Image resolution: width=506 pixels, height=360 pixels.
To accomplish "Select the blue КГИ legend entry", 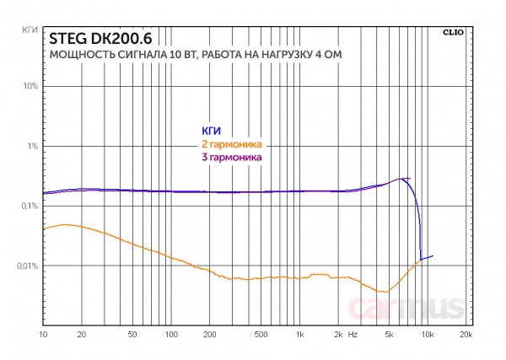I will point(211,131).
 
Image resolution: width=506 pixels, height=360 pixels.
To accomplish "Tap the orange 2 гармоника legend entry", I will point(229,144).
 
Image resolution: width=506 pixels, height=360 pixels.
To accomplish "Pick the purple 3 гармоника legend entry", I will point(229,157).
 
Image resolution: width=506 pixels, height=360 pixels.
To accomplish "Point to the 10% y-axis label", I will point(29,86).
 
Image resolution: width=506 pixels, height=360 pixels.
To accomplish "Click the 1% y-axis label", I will point(30,146).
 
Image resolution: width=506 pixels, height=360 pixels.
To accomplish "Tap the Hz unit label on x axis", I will point(353,335).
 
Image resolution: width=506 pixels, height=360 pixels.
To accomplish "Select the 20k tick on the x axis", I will point(466,335).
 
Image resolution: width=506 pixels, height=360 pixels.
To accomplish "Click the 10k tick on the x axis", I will point(428,335).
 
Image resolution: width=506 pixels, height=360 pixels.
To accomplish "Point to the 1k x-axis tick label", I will point(299,335).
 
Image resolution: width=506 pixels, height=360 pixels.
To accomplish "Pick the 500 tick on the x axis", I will point(261,335).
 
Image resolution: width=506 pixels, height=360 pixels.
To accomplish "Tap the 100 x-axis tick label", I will point(171,335).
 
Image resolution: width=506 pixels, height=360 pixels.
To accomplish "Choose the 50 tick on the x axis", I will point(132,335).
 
